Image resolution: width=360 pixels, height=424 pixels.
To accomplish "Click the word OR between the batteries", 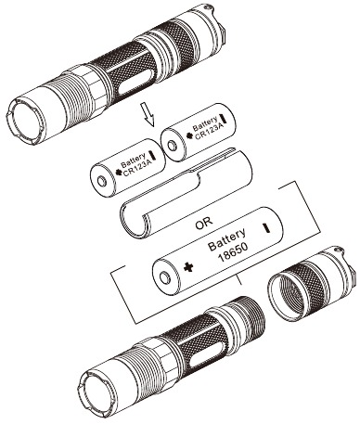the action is click(204, 222).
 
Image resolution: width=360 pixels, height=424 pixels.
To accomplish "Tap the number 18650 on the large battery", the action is click(234, 252).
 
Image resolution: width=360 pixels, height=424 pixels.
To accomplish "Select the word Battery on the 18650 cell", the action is click(227, 239).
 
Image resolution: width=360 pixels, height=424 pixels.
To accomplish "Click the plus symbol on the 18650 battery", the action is click(188, 267).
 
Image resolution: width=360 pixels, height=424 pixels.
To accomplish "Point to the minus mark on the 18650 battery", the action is click(266, 227).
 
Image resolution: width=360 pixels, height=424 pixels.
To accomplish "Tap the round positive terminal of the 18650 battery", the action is click(166, 277).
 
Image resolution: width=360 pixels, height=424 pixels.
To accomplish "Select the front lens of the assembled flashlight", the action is click(26, 122).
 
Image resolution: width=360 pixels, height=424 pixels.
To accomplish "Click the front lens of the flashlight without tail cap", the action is click(96, 392).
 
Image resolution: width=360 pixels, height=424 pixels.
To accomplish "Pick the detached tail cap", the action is click(311, 284).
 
